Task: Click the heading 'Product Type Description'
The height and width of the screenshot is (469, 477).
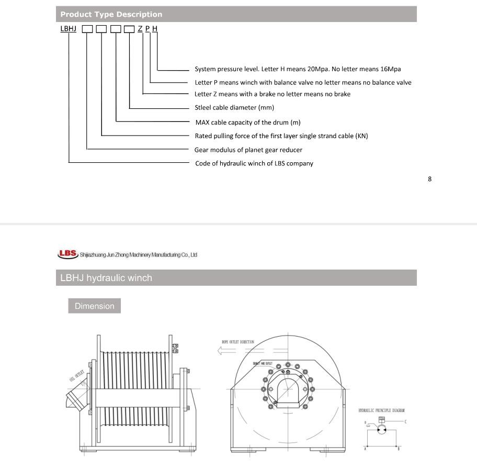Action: pyautogui.click(x=111, y=14)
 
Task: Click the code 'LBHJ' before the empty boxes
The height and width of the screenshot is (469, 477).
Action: pyautogui.click(x=69, y=28)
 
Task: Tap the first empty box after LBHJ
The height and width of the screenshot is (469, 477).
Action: pyautogui.click(x=87, y=29)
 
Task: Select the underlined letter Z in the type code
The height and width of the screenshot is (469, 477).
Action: pyautogui.click(x=140, y=28)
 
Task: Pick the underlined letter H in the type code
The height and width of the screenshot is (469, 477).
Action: pyautogui.click(x=155, y=28)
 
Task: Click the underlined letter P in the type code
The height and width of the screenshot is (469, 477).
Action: pyautogui.click(x=147, y=28)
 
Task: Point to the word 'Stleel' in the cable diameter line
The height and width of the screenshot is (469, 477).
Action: pyautogui.click(x=204, y=108)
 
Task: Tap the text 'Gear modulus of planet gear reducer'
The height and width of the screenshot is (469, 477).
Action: pyautogui.click(x=248, y=150)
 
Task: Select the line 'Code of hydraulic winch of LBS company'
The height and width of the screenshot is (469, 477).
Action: pyautogui.click(x=254, y=163)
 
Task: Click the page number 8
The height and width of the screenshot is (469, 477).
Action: pyautogui.click(x=430, y=179)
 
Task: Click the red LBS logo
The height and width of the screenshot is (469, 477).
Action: pyautogui.click(x=67, y=254)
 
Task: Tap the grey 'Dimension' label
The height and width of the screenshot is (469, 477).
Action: pyautogui.click(x=94, y=306)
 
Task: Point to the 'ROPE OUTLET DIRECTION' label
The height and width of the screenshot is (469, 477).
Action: pyautogui.click(x=238, y=342)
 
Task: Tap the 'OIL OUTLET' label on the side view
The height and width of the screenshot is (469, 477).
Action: pyautogui.click(x=76, y=376)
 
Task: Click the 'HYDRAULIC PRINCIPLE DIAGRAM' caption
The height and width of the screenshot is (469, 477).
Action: pyautogui.click(x=381, y=411)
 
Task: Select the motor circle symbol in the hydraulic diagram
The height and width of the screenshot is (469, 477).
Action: pyautogui.click(x=382, y=430)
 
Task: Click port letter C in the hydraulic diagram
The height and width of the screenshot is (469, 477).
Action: pyautogui.click(x=405, y=422)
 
